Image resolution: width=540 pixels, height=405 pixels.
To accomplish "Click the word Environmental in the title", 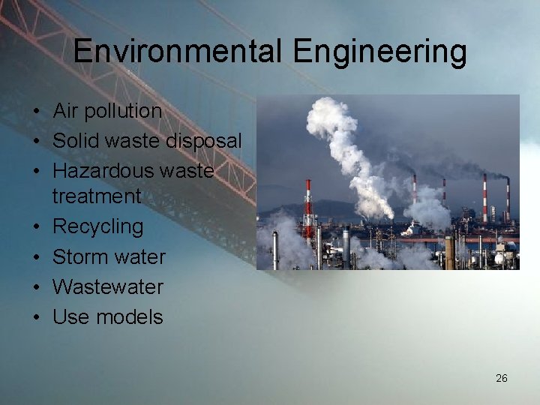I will [x=178, y=52].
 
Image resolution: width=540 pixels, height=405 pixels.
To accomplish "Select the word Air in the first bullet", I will [x=65, y=111].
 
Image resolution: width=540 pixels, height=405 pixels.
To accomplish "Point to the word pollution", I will [x=122, y=111].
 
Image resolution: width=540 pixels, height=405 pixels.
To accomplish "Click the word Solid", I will [x=78, y=141].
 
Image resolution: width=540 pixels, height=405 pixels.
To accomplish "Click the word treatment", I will [x=97, y=196].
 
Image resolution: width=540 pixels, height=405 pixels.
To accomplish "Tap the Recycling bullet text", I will [x=97, y=226].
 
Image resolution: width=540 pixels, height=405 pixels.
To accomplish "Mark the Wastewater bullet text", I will [x=107, y=286].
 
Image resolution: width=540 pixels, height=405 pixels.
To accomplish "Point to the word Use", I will [x=70, y=316].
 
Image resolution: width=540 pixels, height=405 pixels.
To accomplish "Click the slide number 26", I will [x=502, y=378].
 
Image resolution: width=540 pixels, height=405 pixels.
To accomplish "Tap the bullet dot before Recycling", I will [x=36, y=227].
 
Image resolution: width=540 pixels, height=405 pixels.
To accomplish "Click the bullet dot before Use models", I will [x=36, y=317].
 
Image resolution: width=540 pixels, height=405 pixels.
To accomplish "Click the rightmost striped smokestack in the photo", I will [x=508, y=199].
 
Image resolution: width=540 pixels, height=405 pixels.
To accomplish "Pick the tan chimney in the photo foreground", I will [x=449, y=253].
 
